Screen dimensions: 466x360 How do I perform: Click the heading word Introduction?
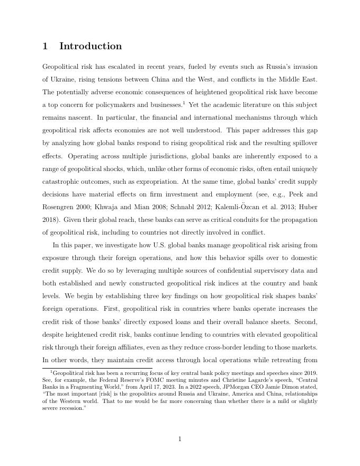(x=91, y=46)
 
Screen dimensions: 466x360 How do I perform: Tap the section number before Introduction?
(x=45, y=46)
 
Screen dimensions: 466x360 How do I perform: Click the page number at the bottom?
(x=180, y=438)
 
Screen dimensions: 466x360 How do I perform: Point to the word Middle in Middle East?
(x=286, y=79)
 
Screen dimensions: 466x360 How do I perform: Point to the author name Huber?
(x=308, y=207)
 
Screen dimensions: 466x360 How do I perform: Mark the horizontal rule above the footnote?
(x=97, y=368)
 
